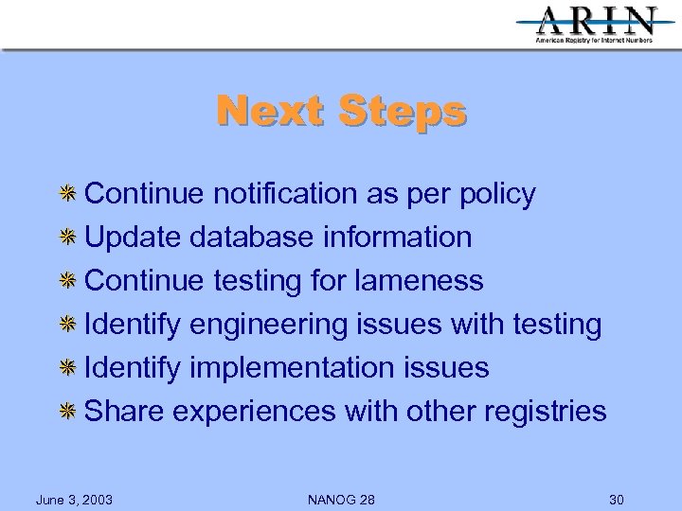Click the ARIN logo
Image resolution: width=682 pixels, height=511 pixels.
(596, 24)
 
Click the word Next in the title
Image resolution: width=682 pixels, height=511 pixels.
(269, 111)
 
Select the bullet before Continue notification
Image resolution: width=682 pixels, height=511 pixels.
(68, 194)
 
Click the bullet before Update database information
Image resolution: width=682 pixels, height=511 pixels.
(68, 238)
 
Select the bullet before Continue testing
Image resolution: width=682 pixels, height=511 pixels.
(68, 281)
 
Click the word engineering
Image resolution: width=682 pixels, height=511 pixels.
(268, 326)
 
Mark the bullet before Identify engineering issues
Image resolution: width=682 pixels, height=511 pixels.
(68, 325)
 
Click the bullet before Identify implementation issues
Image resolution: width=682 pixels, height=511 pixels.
(68, 368)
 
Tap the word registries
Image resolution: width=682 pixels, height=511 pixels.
(545, 412)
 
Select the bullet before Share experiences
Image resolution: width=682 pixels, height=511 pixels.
(68, 412)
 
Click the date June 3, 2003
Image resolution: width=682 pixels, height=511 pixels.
(74, 499)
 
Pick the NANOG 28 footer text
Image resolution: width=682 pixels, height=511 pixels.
(341, 499)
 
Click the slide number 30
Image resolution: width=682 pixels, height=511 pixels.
(616, 499)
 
